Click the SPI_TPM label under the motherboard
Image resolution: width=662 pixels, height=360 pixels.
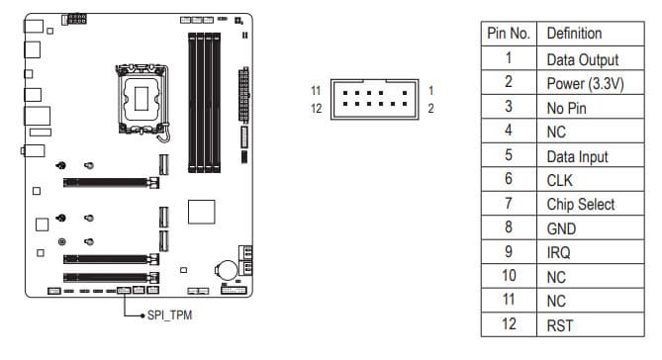169,315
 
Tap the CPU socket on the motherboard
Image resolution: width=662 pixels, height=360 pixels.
142,99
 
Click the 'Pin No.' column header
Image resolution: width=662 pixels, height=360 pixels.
509,34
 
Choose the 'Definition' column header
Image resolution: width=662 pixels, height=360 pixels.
574,34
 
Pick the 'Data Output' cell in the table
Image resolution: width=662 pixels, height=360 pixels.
583,60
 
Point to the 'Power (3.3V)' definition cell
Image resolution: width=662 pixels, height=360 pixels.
585,83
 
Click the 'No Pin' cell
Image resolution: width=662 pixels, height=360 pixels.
567,109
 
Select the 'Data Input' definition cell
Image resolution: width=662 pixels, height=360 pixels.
577,157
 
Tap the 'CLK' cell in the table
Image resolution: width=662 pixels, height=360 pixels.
559,181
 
